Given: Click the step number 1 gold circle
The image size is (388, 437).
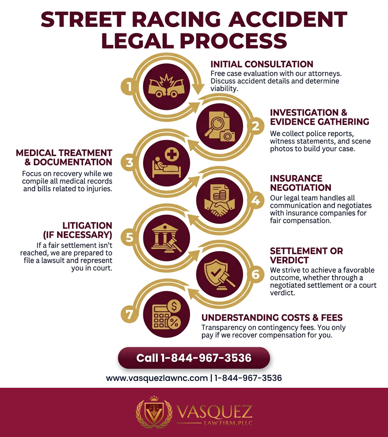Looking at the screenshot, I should (129, 87).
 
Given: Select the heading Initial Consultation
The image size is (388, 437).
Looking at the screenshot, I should (262, 64).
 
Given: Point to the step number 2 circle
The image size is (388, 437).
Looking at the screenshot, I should (256, 126).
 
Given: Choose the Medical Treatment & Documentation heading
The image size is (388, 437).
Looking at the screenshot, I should (64, 157).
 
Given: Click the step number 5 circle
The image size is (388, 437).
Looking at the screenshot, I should (129, 237).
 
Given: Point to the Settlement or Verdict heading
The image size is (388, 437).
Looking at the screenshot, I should (306, 256).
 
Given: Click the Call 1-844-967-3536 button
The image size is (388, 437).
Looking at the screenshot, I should (194, 358).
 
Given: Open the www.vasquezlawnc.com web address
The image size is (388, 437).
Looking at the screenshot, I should (157, 378).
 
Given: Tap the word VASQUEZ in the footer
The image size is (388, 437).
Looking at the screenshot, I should (214, 411).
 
